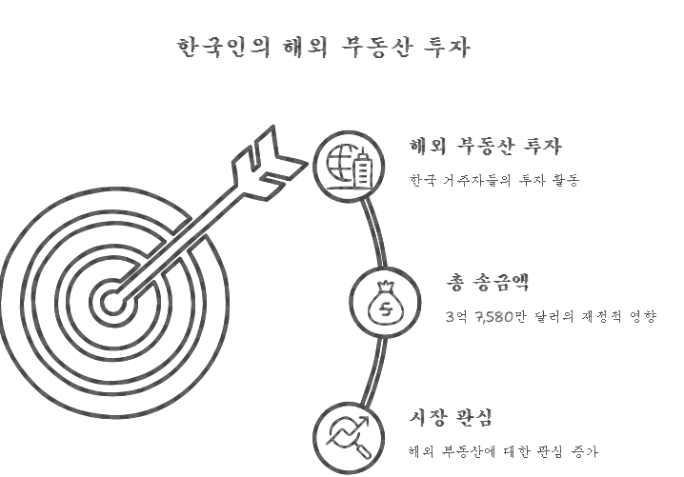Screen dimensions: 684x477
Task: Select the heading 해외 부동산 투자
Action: coord(485,148)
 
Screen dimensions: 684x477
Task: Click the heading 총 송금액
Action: coord(488,283)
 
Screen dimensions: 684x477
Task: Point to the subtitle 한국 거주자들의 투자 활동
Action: coord(493,179)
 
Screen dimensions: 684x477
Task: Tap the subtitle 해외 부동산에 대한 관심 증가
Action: coord(502,451)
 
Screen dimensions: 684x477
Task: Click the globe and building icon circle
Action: coord(348,165)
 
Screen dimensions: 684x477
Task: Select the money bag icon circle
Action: coord(385,303)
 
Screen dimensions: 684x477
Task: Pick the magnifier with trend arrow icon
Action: coord(348,436)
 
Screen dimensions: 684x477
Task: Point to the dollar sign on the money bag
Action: coord(385,308)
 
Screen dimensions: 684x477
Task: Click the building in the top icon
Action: coord(361,170)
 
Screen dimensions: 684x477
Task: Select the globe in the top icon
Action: coord(338,165)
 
